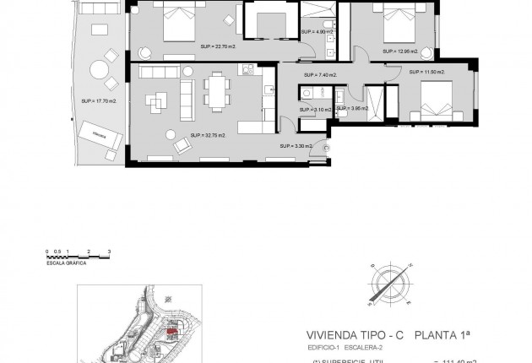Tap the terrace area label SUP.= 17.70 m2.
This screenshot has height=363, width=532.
click(97, 100)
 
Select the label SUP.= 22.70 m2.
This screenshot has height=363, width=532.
click(218, 46)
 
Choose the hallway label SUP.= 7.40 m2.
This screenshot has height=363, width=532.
click(322, 75)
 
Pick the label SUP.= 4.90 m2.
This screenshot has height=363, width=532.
click(314, 31)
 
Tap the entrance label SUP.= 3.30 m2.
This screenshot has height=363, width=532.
click(297, 145)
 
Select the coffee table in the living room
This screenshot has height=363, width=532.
click(158, 102)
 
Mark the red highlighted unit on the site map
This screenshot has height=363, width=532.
click(171, 335)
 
